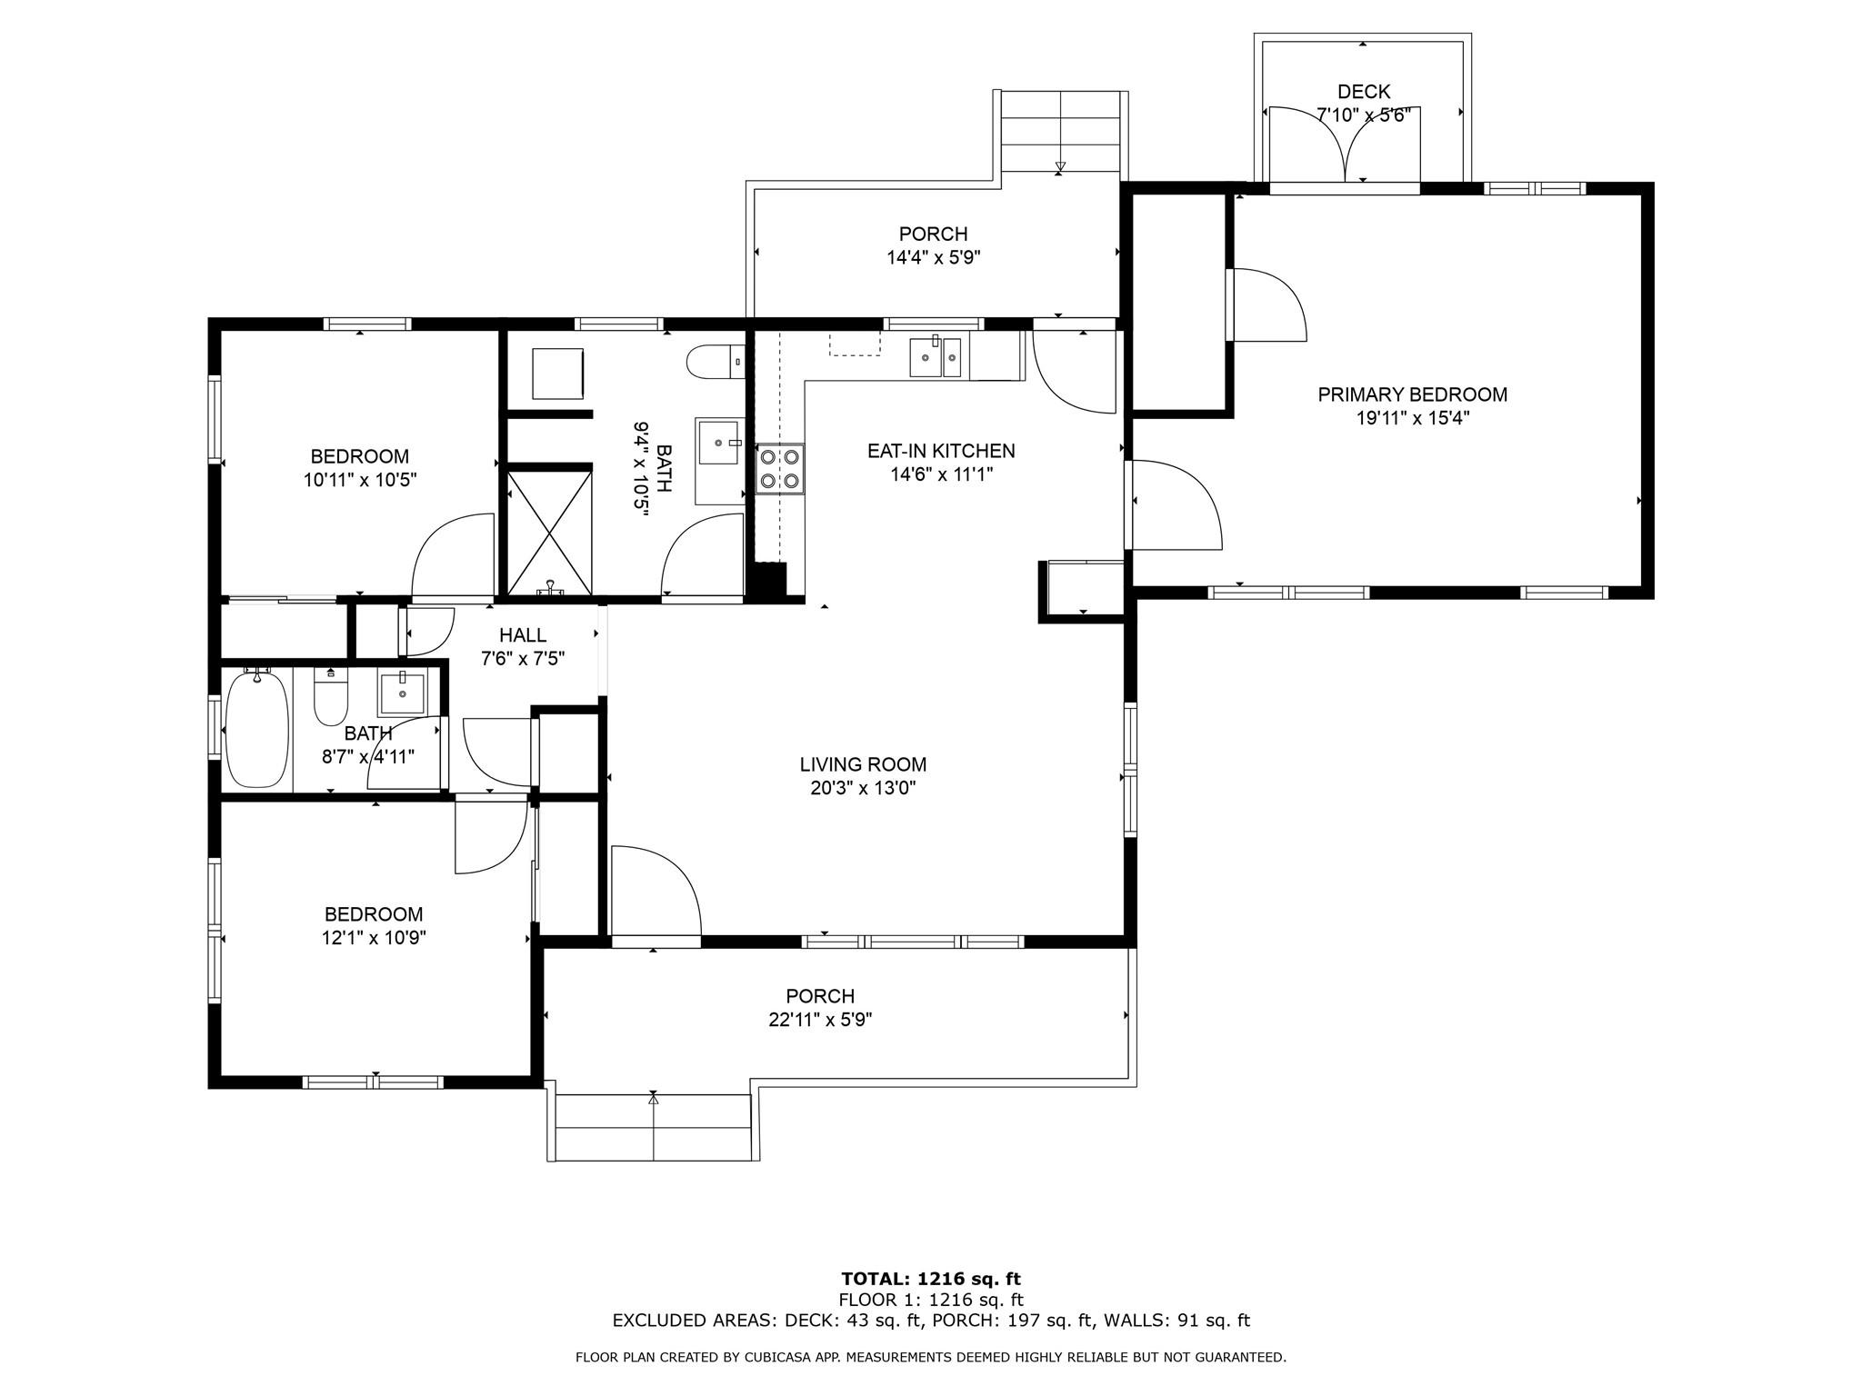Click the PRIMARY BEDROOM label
(x=1412, y=394)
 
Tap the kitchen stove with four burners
(x=780, y=468)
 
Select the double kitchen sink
(x=936, y=356)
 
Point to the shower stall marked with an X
(x=549, y=531)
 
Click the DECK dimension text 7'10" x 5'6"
(x=1363, y=115)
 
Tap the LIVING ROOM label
(x=863, y=765)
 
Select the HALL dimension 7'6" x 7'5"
(x=523, y=659)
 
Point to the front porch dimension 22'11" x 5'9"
(x=820, y=1020)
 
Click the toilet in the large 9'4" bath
(x=715, y=363)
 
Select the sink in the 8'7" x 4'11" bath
(x=402, y=693)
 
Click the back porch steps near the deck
(x=1060, y=132)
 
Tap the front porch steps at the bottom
(x=653, y=1127)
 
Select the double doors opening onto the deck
(x=1345, y=145)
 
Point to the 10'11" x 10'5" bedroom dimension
(x=360, y=480)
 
